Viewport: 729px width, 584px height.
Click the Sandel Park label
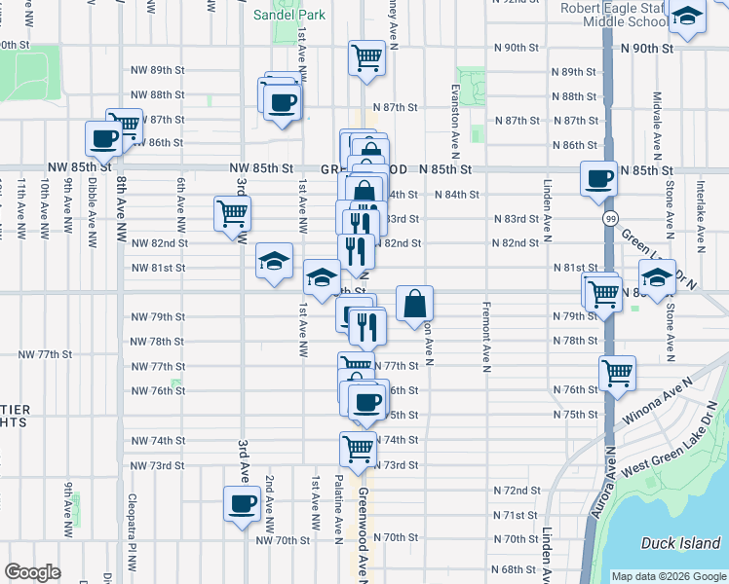pos(290,15)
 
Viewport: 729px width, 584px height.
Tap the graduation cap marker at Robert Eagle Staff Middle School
pos(688,18)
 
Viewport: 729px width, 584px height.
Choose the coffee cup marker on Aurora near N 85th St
pos(598,178)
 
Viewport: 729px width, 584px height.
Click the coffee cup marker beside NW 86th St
pos(103,137)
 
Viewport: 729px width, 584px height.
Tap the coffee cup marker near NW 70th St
pos(242,503)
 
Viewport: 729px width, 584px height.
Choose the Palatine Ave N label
pos(339,507)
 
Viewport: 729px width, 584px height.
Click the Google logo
pos(32,572)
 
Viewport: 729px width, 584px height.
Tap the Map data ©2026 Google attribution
pos(668,576)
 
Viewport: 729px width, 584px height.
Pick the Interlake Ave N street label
pos(699,209)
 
